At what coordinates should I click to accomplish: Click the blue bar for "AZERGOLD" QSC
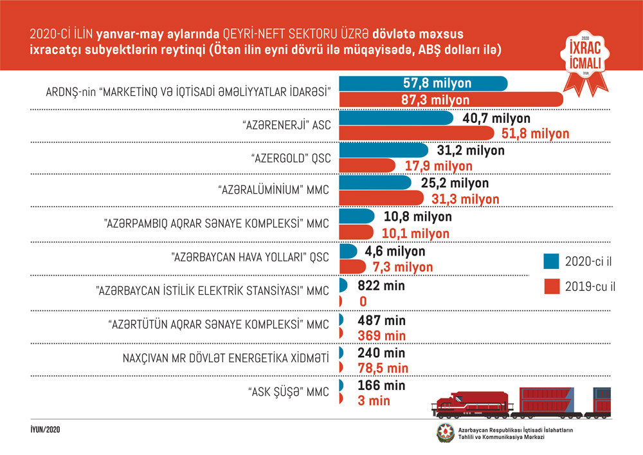coord(383,150)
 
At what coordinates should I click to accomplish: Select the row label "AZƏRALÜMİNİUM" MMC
coord(271,190)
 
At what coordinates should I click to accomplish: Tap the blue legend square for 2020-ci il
coord(551,261)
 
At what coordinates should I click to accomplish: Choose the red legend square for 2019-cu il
coord(551,286)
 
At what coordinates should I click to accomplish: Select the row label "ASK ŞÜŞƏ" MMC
coord(288,391)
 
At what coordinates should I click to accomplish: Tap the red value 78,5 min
coord(384,368)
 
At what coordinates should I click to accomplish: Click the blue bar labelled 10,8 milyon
coord(356,216)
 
